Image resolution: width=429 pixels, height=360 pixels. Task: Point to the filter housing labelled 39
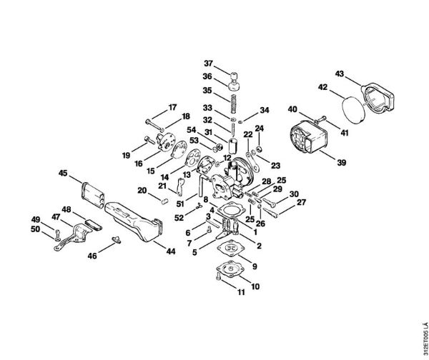coord(309,140)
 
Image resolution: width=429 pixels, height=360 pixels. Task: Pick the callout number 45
coord(63,174)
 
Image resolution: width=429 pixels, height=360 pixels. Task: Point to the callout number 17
coord(172,108)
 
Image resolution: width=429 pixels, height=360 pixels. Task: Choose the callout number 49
coord(34,219)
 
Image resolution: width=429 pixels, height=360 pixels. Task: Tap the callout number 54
coord(191,131)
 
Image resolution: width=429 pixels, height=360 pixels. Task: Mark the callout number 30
coord(294,194)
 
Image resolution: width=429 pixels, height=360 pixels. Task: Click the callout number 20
coord(142,190)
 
